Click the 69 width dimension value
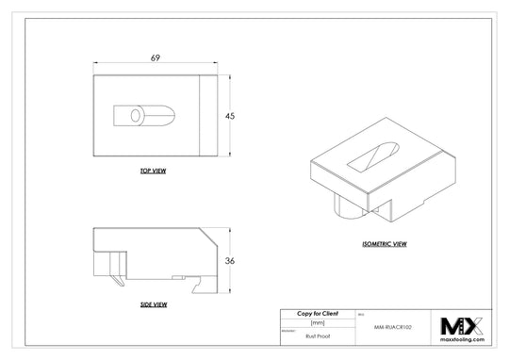[155, 58]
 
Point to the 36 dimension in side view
[229, 260]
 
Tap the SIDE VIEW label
[154, 304]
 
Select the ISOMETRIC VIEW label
[384, 243]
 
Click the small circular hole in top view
[136, 115]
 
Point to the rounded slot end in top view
[167, 115]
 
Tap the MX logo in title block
[462, 326]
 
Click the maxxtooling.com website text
[462, 343]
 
